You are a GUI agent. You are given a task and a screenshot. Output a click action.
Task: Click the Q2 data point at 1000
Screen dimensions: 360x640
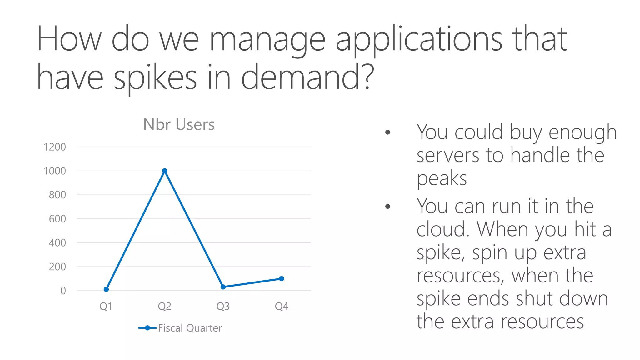165,171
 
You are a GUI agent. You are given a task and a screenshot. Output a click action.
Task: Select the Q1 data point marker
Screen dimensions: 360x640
106,289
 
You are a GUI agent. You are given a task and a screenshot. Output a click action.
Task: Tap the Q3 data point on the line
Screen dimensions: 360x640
223,287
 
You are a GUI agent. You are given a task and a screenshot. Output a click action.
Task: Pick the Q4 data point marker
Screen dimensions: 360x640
282,278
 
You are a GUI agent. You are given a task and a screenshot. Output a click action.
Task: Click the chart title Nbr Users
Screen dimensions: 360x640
179,124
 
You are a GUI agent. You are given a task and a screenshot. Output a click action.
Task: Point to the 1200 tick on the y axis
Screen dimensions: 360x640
55,147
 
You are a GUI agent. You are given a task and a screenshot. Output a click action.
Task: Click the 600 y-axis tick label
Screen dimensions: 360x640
57,219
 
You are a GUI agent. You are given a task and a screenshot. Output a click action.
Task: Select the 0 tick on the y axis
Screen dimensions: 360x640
63,291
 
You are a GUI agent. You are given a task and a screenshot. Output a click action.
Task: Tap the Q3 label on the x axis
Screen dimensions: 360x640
223,306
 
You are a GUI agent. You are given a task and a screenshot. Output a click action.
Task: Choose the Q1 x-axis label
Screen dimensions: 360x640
106,306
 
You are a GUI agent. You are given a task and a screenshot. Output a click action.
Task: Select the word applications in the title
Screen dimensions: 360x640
419,40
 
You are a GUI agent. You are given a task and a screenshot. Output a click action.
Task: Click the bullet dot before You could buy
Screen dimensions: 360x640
388,132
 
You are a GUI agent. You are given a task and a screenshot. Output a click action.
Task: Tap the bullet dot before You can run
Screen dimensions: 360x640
388,207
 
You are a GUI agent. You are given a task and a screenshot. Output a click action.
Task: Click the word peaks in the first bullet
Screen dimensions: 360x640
442,179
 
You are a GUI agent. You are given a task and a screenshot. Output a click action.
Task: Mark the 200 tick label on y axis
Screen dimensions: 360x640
57,267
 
